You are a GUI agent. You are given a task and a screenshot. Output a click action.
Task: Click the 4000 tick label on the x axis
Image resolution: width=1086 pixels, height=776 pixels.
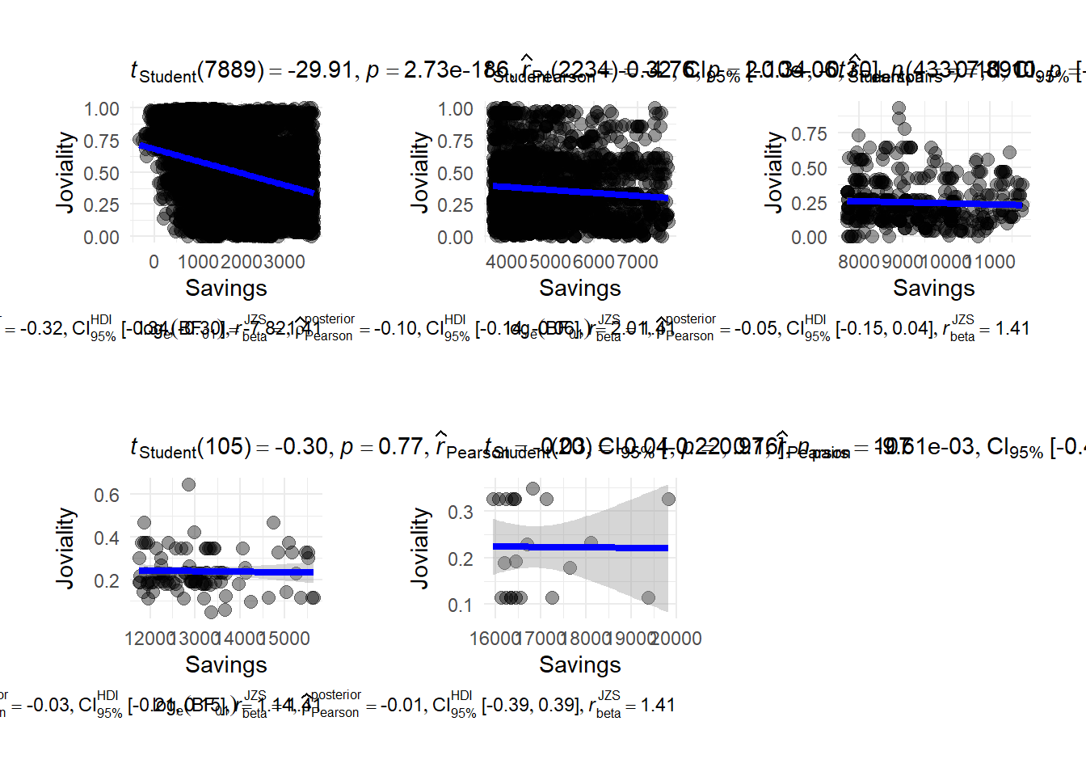507,262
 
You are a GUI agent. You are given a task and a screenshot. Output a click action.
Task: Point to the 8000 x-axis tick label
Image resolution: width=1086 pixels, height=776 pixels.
858,262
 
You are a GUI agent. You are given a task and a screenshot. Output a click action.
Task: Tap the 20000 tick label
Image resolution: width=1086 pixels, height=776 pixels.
676,639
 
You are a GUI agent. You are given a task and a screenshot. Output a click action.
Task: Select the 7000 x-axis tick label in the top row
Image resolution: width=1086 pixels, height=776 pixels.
638,262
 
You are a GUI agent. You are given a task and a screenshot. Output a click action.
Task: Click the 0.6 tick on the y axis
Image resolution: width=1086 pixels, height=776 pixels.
107,495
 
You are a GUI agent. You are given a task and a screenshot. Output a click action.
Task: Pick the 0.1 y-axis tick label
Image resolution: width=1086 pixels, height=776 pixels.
461,605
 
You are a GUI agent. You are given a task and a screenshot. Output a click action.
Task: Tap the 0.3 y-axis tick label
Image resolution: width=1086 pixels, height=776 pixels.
461,512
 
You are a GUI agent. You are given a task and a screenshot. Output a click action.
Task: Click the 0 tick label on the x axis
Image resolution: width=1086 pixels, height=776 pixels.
154,262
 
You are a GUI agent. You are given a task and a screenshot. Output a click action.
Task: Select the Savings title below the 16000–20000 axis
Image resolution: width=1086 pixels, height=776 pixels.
580,664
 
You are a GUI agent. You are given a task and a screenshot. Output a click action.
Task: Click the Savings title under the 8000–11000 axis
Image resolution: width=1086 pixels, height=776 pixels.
933,288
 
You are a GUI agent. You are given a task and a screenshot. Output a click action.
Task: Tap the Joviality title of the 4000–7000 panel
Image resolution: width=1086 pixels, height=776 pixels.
419,172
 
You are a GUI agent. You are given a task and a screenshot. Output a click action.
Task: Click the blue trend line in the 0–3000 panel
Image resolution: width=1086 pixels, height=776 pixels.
226,169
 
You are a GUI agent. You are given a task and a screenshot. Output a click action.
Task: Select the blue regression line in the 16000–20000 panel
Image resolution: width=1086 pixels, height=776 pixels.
580,548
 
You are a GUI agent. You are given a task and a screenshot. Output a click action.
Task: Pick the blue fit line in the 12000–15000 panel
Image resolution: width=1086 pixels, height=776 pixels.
226,571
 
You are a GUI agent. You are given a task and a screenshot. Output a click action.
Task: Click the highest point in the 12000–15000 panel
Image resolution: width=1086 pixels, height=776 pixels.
188,484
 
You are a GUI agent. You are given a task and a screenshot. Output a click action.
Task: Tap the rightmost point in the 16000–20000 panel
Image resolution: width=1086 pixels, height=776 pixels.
668,499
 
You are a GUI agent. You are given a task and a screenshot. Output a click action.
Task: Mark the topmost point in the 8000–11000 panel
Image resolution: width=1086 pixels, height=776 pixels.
899,108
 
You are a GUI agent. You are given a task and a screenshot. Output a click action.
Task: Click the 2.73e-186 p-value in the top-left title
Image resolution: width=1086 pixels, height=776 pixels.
457,70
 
